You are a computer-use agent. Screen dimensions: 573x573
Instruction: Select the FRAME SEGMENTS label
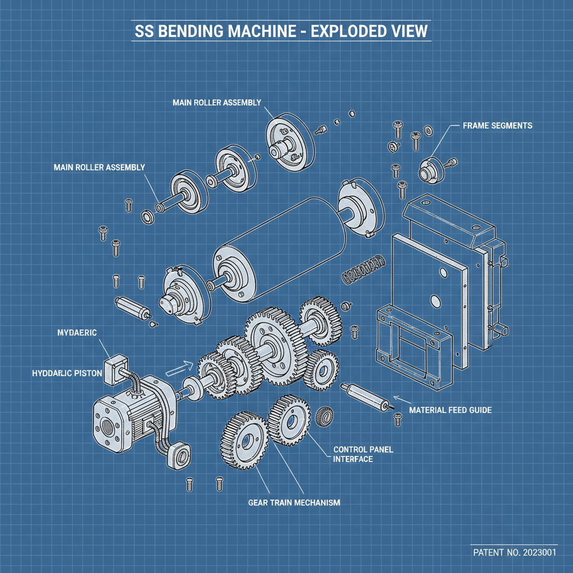tap(497, 126)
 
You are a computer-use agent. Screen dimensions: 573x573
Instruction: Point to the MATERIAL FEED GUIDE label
tap(450, 410)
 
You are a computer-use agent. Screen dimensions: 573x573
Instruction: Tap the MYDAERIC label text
tap(77, 333)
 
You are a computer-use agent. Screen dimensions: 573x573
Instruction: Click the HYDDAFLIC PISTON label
tap(68, 372)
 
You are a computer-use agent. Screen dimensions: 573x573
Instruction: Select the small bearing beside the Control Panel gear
tap(323, 417)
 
